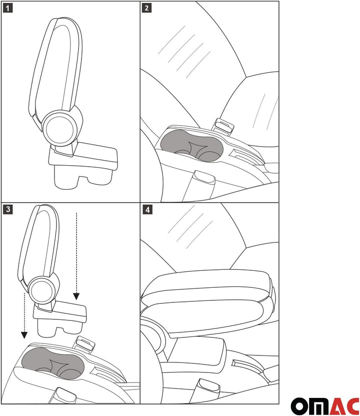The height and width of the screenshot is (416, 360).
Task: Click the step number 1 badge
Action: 8,8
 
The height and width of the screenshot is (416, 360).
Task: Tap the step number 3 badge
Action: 8,209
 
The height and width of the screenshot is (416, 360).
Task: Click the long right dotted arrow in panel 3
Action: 76,255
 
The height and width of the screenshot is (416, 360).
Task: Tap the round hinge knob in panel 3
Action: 40,290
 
